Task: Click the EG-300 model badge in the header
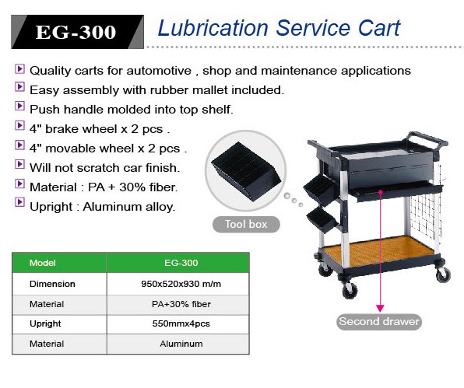78,32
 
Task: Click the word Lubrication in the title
213,28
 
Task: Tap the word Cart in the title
379,28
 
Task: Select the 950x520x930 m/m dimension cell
181,284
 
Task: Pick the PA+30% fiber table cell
181,304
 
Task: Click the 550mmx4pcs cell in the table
181,323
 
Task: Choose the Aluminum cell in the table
181,344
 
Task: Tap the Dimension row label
52,284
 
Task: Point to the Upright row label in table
45,324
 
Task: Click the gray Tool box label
246,224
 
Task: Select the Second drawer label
379,321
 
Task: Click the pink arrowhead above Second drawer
380,308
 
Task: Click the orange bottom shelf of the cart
378,251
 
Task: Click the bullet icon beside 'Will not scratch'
19,164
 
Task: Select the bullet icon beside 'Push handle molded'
19,106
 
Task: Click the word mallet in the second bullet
209,90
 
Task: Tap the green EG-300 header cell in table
181,263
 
